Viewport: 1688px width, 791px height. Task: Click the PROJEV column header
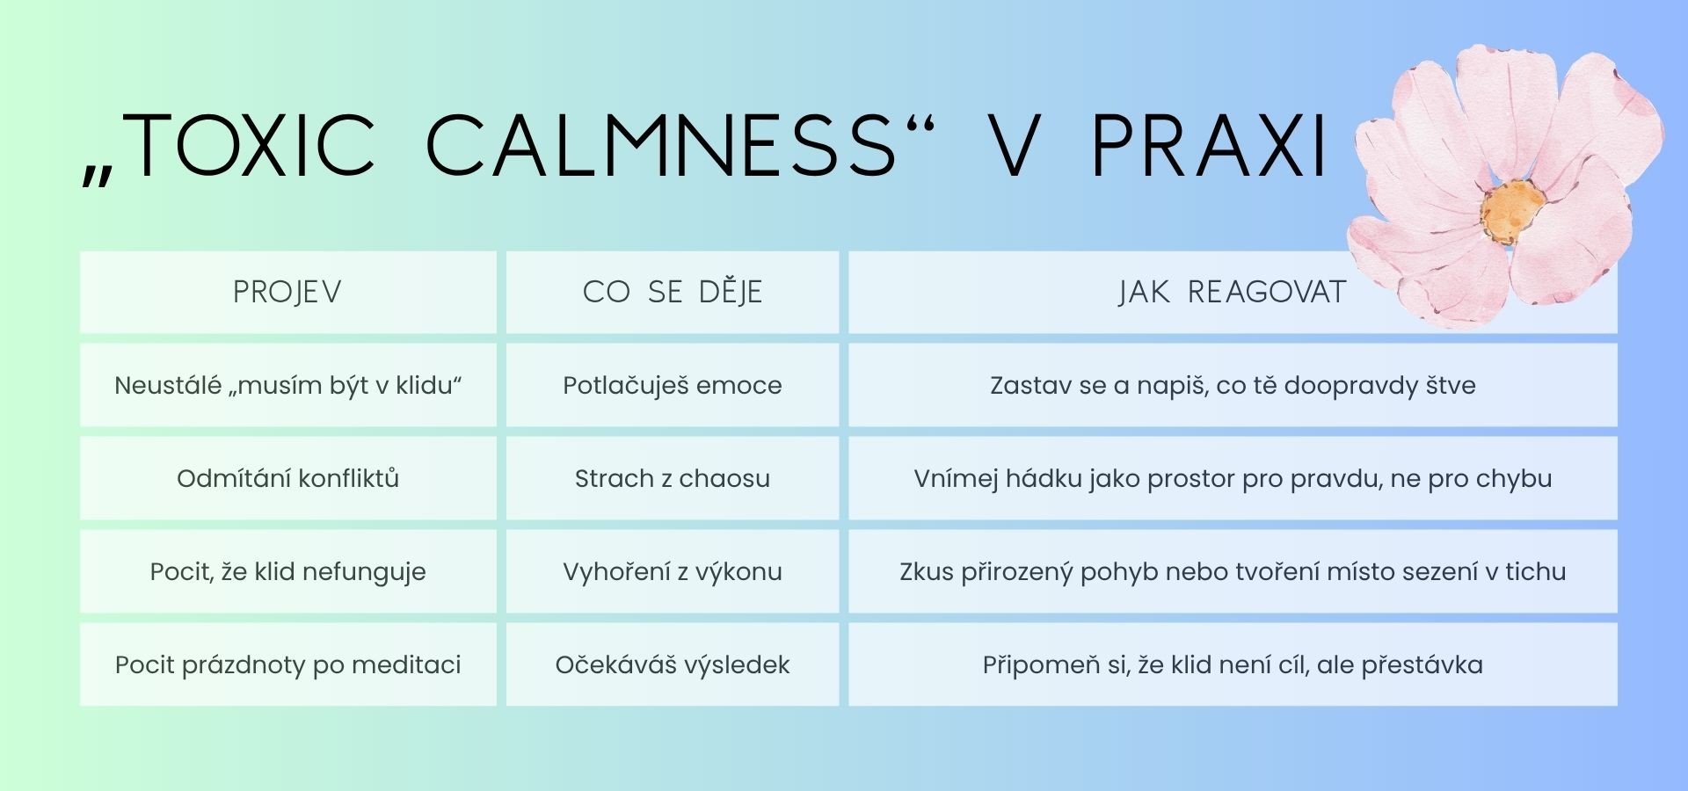287,292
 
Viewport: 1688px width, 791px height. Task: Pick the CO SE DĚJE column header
673,292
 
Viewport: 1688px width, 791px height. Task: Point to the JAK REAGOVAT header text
1232,292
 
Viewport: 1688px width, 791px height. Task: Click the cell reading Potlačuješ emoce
673,385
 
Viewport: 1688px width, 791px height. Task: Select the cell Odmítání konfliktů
287,478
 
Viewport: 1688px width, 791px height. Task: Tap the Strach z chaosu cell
673,478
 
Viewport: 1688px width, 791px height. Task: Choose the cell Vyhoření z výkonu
673,571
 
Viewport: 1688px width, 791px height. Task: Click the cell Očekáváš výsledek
673,664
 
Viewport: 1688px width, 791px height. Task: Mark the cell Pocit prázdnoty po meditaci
287,664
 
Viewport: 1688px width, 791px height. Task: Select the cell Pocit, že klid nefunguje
287,571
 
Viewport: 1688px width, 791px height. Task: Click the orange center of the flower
1511,212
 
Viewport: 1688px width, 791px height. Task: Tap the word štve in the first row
1450,385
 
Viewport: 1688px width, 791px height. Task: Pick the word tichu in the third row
1536,571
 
